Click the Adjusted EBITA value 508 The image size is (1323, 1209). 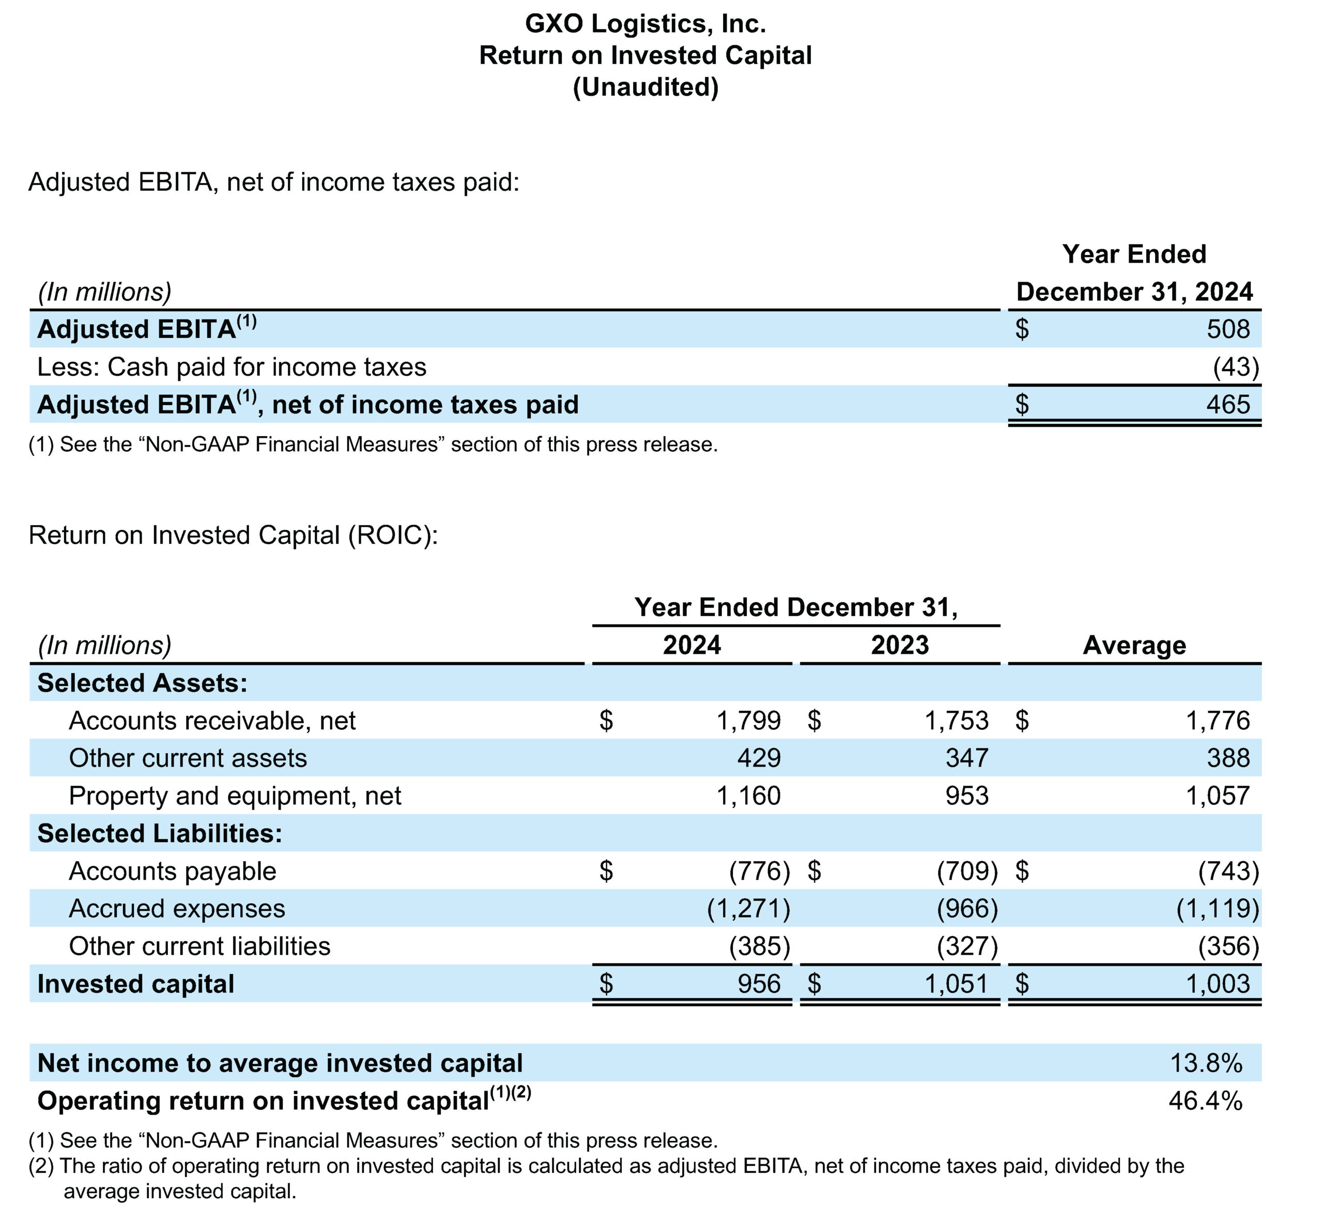tap(1228, 329)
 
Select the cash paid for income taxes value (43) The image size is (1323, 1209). tap(1236, 367)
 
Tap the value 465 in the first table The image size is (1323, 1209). tap(1228, 404)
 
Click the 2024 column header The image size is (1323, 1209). tap(691, 645)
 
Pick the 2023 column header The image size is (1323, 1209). tap(900, 645)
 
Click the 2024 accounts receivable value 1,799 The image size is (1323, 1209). tap(749, 721)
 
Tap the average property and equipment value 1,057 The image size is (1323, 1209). tap(1218, 795)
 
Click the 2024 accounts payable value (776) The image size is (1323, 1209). tap(760, 871)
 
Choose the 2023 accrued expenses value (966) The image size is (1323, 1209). tap(967, 908)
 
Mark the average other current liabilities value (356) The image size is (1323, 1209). tap(1229, 946)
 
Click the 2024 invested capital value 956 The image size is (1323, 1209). tap(759, 984)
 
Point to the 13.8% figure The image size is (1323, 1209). tap(1206, 1063)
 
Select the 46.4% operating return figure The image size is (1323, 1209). tap(1206, 1100)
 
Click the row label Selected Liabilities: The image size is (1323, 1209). tap(160, 833)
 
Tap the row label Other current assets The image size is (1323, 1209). tap(188, 758)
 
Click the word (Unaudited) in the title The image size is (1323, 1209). tap(646, 87)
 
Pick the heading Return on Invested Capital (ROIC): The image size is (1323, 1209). tap(233, 535)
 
